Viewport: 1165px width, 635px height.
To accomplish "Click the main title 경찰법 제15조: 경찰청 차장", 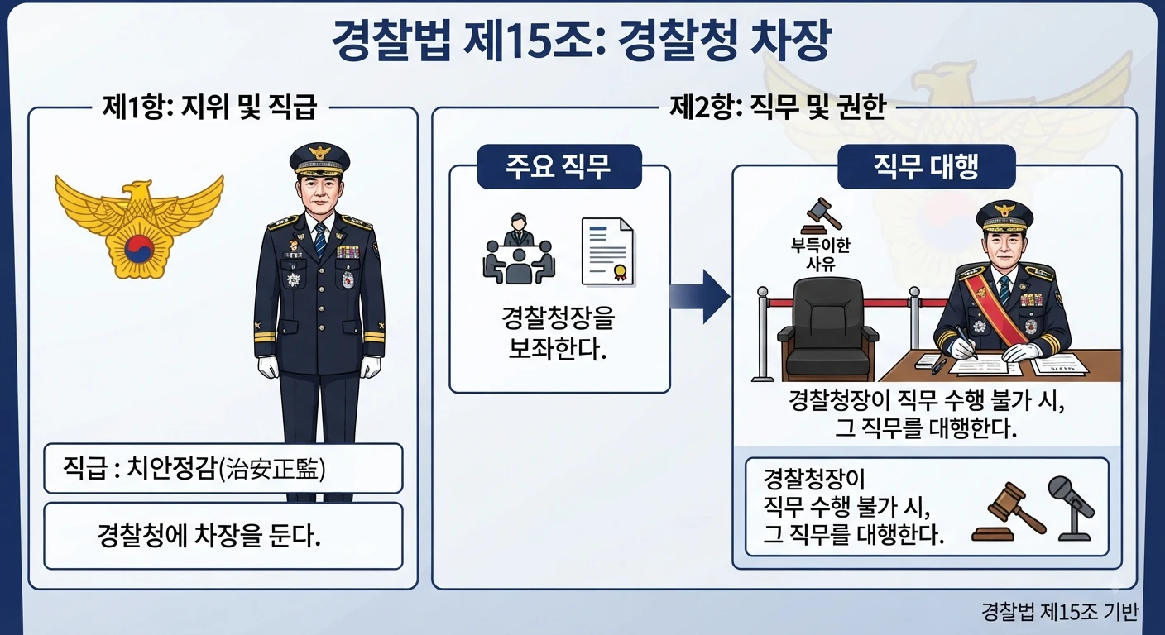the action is [x=582, y=40].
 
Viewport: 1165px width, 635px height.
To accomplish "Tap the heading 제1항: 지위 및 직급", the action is [x=209, y=107].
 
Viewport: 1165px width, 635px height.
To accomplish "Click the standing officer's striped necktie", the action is [x=320, y=240].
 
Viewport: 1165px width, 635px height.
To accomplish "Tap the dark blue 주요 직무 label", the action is [x=559, y=166].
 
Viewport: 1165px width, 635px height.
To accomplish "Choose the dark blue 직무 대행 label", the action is [x=926, y=166].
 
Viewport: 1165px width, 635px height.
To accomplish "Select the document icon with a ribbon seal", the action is [x=607, y=251].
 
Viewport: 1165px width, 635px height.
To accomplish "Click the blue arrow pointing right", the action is [x=699, y=297].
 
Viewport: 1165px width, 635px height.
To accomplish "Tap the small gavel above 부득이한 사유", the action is [x=821, y=216].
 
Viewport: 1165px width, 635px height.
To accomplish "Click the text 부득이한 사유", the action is [x=820, y=255].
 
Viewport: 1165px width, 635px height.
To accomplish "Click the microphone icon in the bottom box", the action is [x=1072, y=508].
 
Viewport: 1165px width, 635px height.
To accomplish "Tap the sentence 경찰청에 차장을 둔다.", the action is [x=209, y=536].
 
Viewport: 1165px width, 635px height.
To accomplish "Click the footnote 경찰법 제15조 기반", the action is [x=1059, y=612].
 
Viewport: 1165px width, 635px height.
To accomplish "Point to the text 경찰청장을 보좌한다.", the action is [x=558, y=332].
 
